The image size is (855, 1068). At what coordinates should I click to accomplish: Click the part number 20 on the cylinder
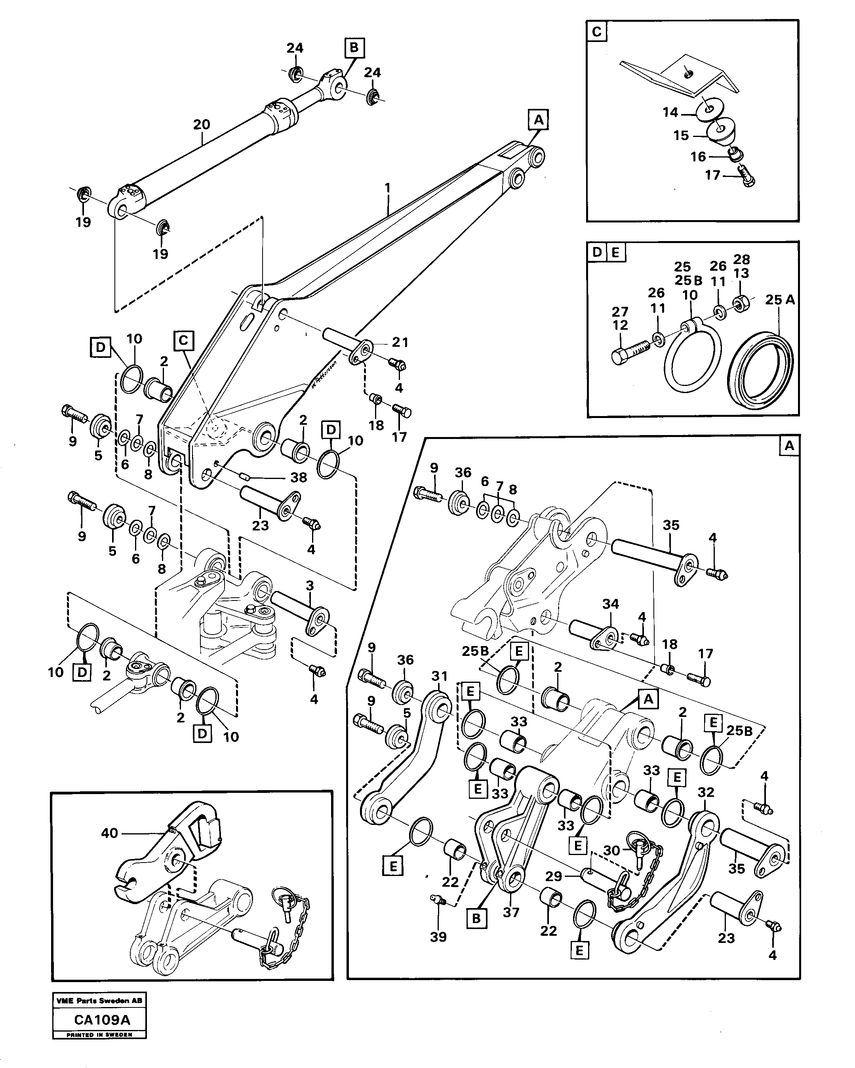[x=202, y=125]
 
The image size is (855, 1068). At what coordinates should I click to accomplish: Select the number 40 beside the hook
[x=110, y=833]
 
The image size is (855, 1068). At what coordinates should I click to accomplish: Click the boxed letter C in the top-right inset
[x=596, y=32]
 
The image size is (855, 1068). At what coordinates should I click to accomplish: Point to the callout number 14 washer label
[x=670, y=112]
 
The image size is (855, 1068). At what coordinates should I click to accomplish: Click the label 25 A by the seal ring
[x=780, y=300]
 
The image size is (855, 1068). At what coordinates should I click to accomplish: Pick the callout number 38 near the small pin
[x=298, y=477]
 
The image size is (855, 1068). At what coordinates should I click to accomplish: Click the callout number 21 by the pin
[x=400, y=342]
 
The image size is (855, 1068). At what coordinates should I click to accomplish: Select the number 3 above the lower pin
[x=310, y=586]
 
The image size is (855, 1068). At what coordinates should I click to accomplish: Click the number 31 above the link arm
[x=439, y=676]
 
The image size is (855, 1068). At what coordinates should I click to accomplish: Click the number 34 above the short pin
[x=611, y=604]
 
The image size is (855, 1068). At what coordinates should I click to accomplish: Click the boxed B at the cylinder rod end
[x=354, y=48]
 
